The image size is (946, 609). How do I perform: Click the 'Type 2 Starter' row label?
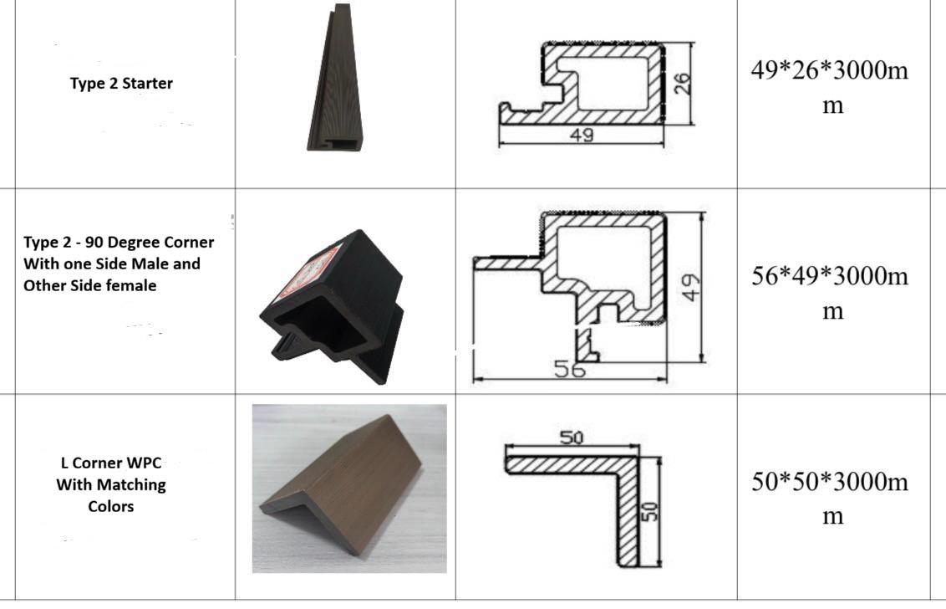pos(121,84)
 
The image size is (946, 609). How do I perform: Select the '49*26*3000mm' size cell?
pos(830,88)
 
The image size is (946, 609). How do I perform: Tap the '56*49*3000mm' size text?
pos(830,293)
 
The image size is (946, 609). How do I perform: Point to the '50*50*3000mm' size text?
pos(830,499)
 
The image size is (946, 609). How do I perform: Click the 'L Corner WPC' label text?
pos(111,463)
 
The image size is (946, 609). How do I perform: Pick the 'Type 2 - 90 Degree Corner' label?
pos(119,243)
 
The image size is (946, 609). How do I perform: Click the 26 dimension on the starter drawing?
pos(682,84)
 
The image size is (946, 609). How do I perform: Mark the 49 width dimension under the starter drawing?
pos(581,135)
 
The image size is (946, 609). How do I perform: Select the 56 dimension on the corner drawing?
pos(570,369)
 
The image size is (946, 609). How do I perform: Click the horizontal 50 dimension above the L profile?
pos(572,437)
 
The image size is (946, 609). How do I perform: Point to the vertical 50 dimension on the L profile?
pos(652,511)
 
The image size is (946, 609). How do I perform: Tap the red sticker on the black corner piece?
pos(310,272)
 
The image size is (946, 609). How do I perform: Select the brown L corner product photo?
pos(350,489)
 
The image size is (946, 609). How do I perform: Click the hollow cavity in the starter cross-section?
pos(607,84)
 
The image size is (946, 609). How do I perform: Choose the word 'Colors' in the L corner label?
pos(111,506)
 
